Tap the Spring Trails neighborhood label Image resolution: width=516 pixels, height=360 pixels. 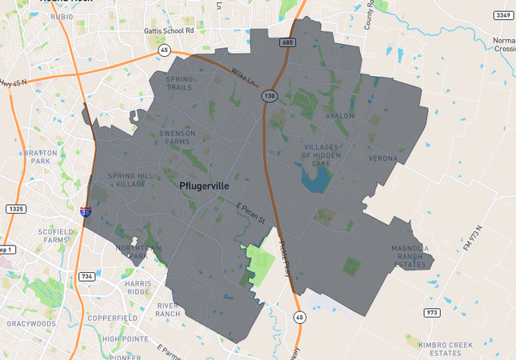(x=179, y=84)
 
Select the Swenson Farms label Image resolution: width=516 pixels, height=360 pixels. (x=178, y=138)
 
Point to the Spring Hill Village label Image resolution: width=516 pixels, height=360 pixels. (x=127, y=179)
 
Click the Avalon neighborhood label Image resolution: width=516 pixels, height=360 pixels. (x=339, y=116)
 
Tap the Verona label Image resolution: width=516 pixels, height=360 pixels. (x=382, y=158)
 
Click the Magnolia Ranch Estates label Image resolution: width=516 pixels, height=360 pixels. (x=410, y=256)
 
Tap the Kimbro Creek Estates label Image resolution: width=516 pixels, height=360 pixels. (x=446, y=348)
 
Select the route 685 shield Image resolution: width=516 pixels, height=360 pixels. (x=289, y=42)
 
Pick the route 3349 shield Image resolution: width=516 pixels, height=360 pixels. (x=501, y=15)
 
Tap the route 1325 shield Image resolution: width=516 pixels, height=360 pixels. (x=15, y=209)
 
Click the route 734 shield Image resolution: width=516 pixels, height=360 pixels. (x=86, y=277)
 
